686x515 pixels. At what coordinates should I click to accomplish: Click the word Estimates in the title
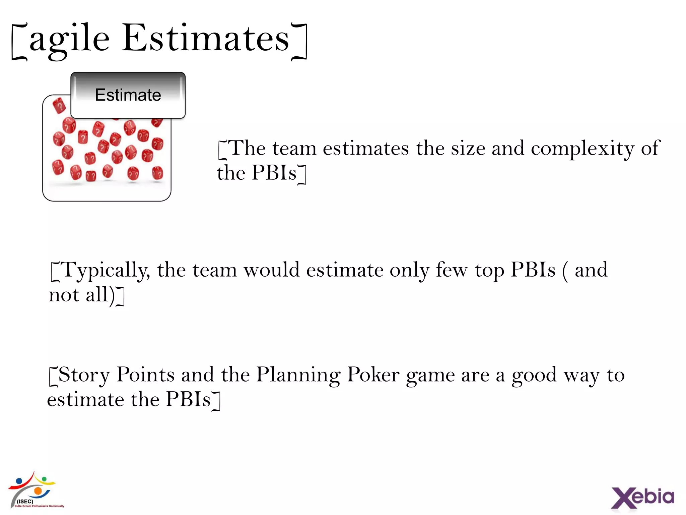tap(205, 39)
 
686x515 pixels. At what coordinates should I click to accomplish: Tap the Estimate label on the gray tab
tap(128, 95)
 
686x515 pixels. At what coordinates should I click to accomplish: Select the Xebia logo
tap(642, 497)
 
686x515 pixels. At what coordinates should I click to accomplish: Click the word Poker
tap(373, 375)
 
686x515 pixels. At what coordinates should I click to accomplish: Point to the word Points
tap(145, 375)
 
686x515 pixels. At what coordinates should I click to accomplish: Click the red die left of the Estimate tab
tap(59, 106)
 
